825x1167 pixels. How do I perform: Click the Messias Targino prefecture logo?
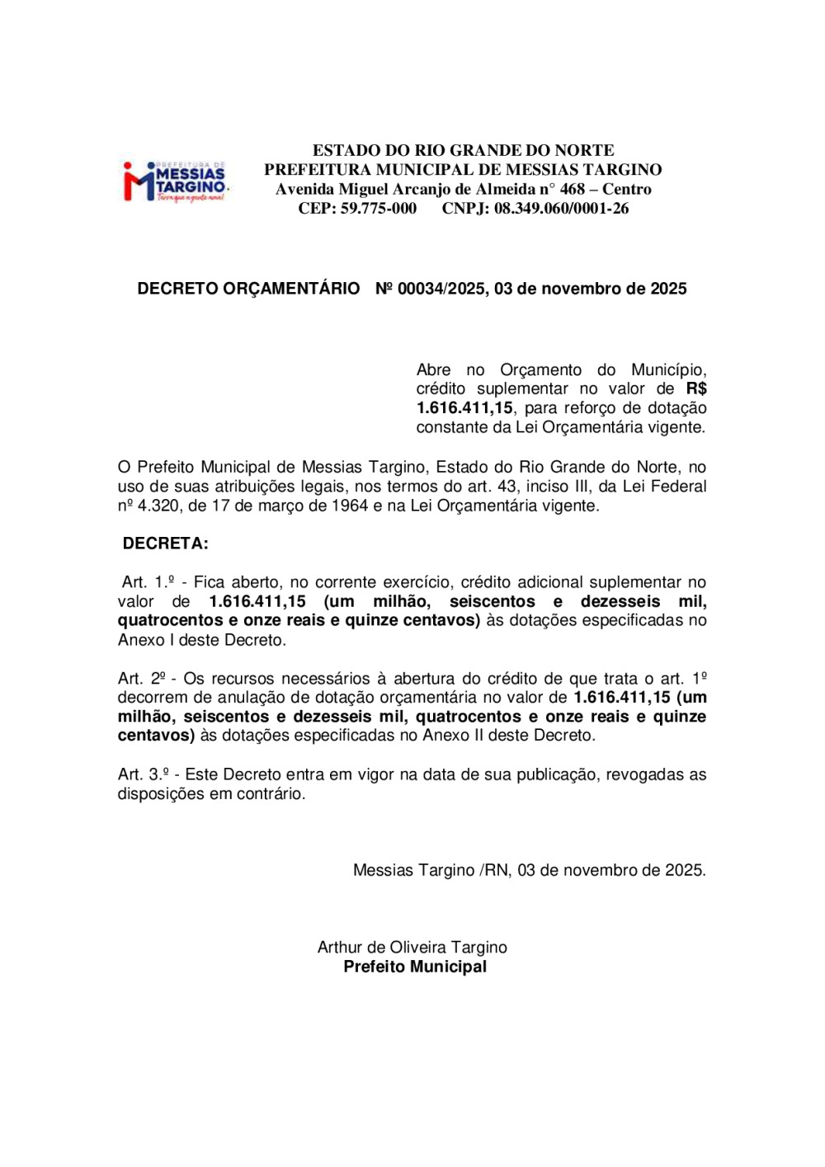coord(175,182)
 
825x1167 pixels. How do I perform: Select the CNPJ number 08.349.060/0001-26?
coord(561,209)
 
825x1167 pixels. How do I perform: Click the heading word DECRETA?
coord(165,544)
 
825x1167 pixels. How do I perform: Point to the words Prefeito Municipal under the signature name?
coord(415,967)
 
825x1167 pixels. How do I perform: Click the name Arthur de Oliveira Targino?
coord(412,948)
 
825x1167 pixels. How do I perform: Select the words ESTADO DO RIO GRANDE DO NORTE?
coord(463,150)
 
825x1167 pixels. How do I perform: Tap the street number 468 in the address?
coord(572,189)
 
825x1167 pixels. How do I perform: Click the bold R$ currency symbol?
coord(695,389)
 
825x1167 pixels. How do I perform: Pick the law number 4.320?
coord(158,506)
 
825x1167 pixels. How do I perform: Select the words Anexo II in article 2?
coord(452,736)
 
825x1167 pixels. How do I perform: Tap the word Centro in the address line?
coord(626,189)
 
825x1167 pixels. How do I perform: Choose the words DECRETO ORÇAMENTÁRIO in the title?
coord(248,289)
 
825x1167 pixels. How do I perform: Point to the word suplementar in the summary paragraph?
coord(522,389)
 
